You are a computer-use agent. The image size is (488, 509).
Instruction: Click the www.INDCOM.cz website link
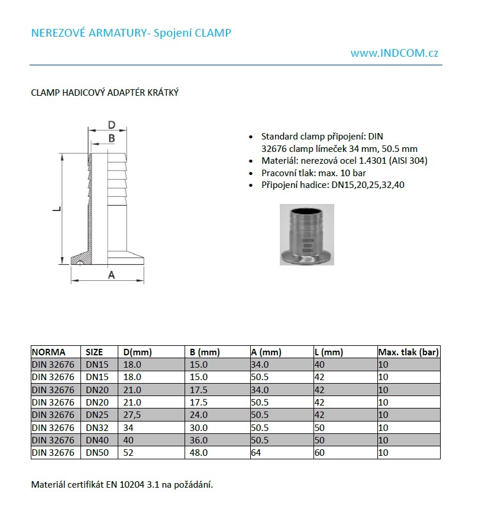pos(394,53)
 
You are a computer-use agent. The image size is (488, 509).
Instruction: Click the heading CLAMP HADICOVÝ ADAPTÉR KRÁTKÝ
pos(105,93)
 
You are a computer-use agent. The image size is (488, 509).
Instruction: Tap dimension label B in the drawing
pos(111,138)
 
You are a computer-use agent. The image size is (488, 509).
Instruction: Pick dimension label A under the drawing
pos(111,275)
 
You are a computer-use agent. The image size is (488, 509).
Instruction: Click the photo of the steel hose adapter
pos(306,235)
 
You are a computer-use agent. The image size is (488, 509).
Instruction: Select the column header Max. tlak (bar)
pos(408,352)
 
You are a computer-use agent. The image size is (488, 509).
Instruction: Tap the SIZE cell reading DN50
pos(98,453)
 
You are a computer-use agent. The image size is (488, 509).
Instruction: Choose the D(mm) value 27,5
pos(132,415)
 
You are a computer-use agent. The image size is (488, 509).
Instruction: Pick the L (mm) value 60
pos(320,453)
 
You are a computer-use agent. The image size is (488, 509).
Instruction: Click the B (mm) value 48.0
pos(199,453)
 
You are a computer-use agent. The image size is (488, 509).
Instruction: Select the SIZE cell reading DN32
pos(98,427)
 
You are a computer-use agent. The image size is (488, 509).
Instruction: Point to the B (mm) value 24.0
pos(199,415)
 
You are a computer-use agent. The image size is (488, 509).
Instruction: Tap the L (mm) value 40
pos(320,365)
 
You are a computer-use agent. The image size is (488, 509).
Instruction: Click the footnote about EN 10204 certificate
pos(121,485)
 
